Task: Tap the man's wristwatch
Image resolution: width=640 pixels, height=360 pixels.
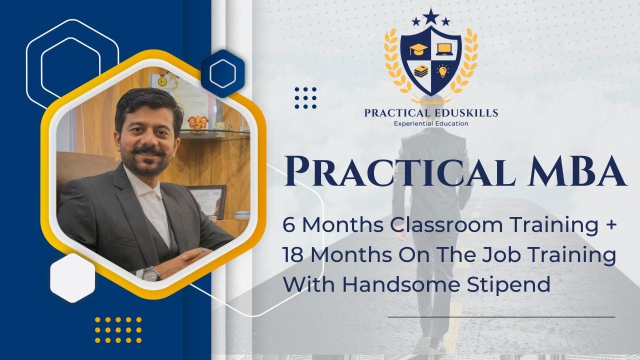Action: tap(151, 273)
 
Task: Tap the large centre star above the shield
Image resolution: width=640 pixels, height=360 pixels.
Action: tap(431, 16)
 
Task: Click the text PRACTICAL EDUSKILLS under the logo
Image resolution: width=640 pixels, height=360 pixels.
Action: tap(431, 113)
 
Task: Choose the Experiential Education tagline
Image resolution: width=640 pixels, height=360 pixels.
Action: tap(431, 123)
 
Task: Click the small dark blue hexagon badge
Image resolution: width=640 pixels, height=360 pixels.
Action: tap(222, 74)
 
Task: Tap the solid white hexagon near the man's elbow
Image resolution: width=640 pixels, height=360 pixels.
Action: tap(72, 277)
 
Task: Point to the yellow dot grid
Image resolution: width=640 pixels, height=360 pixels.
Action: tap(118, 329)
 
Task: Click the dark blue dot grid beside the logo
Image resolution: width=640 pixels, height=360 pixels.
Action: tap(305, 97)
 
